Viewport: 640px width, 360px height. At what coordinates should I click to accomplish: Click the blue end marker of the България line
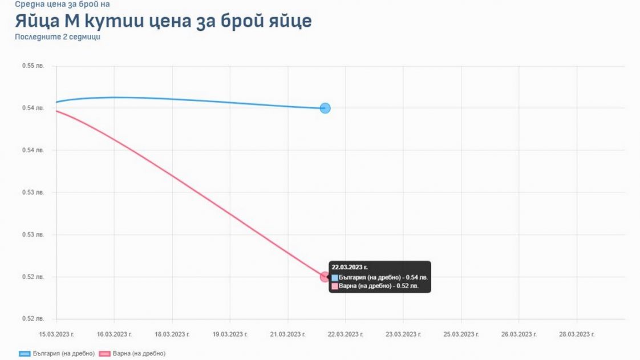tap(325, 108)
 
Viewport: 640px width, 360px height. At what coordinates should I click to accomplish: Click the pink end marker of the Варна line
tap(325, 277)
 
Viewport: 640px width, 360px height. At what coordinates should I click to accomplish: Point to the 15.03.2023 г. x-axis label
tap(56, 334)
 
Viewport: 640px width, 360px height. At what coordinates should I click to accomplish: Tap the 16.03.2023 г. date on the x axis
tap(115, 334)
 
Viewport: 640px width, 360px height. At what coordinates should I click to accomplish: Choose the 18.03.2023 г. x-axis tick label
tap(172, 334)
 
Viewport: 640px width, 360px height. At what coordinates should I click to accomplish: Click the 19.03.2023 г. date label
tap(230, 334)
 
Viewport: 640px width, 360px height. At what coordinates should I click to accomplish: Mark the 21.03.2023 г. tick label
tap(288, 334)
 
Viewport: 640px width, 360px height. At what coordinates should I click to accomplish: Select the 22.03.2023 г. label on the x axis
tap(346, 334)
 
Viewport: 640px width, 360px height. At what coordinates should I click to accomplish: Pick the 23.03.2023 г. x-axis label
tap(403, 334)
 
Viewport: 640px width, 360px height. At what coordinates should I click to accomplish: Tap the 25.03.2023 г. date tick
tap(461, 334)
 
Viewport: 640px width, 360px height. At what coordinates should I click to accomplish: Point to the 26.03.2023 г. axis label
tap(519, 334)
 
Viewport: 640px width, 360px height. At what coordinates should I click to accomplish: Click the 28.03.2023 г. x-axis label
tap(577, 334)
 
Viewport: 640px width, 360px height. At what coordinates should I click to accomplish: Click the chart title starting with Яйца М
tap(163, 21)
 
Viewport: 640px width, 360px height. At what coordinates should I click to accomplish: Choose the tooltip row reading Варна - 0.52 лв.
tap(378, 286)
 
